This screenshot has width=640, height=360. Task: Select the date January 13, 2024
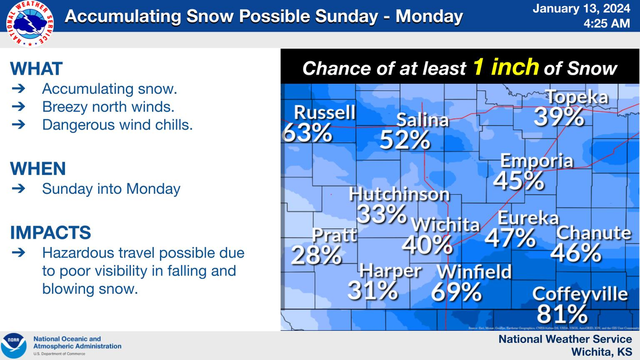tap(593, 9)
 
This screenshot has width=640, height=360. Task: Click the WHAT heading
tap(36, 69)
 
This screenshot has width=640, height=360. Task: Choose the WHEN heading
tap(38, 169)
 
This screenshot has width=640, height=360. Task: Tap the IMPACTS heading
tap(51, 233)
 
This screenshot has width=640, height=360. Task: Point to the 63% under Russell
tap(307, 133)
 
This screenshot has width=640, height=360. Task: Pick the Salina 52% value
tap(405, 140)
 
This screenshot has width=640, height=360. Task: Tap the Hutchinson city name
tap(399, 194)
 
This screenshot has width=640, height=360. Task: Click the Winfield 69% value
tap(457, 291)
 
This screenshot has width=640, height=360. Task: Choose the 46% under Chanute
tap(575, 253)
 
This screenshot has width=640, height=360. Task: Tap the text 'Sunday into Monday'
tap(111, 189)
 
